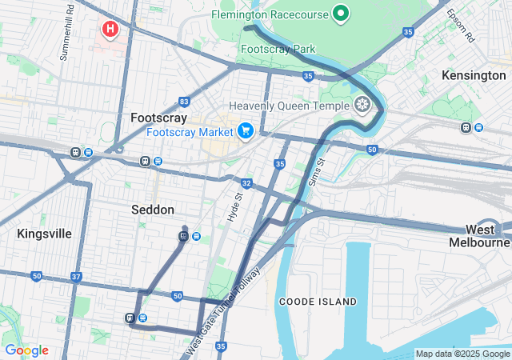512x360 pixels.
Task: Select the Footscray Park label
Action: [278, 50]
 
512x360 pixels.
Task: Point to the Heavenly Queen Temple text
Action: [289, 106]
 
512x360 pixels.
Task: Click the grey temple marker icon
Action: [362, 105]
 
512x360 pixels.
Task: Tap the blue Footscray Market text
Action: [190, 131]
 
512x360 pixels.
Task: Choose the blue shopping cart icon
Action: [245, 130]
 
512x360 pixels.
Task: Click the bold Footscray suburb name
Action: [158, 118]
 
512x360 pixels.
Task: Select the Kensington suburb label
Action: [474, 75]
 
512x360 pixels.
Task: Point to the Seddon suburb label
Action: [152, 210]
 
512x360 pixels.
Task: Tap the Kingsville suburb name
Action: [44, 234]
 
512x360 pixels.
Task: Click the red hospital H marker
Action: [110, 30]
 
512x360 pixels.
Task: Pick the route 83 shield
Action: [185, 102]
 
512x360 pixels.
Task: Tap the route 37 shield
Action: [76, 277]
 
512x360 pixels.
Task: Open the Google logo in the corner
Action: [26, 350]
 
